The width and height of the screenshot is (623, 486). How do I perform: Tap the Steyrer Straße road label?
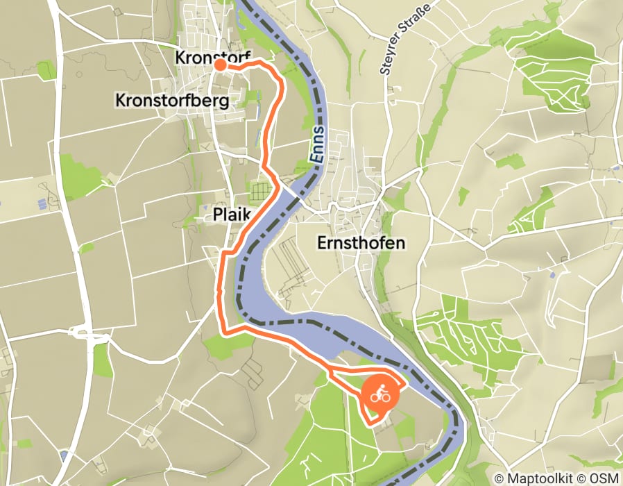point(404,37)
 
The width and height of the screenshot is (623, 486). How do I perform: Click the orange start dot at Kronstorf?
point(220,65)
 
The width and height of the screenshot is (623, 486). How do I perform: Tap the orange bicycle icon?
point(379,396)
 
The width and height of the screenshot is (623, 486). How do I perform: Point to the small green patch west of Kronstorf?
point(46,70)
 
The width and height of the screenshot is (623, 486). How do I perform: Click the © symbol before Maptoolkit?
point(500,478)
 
